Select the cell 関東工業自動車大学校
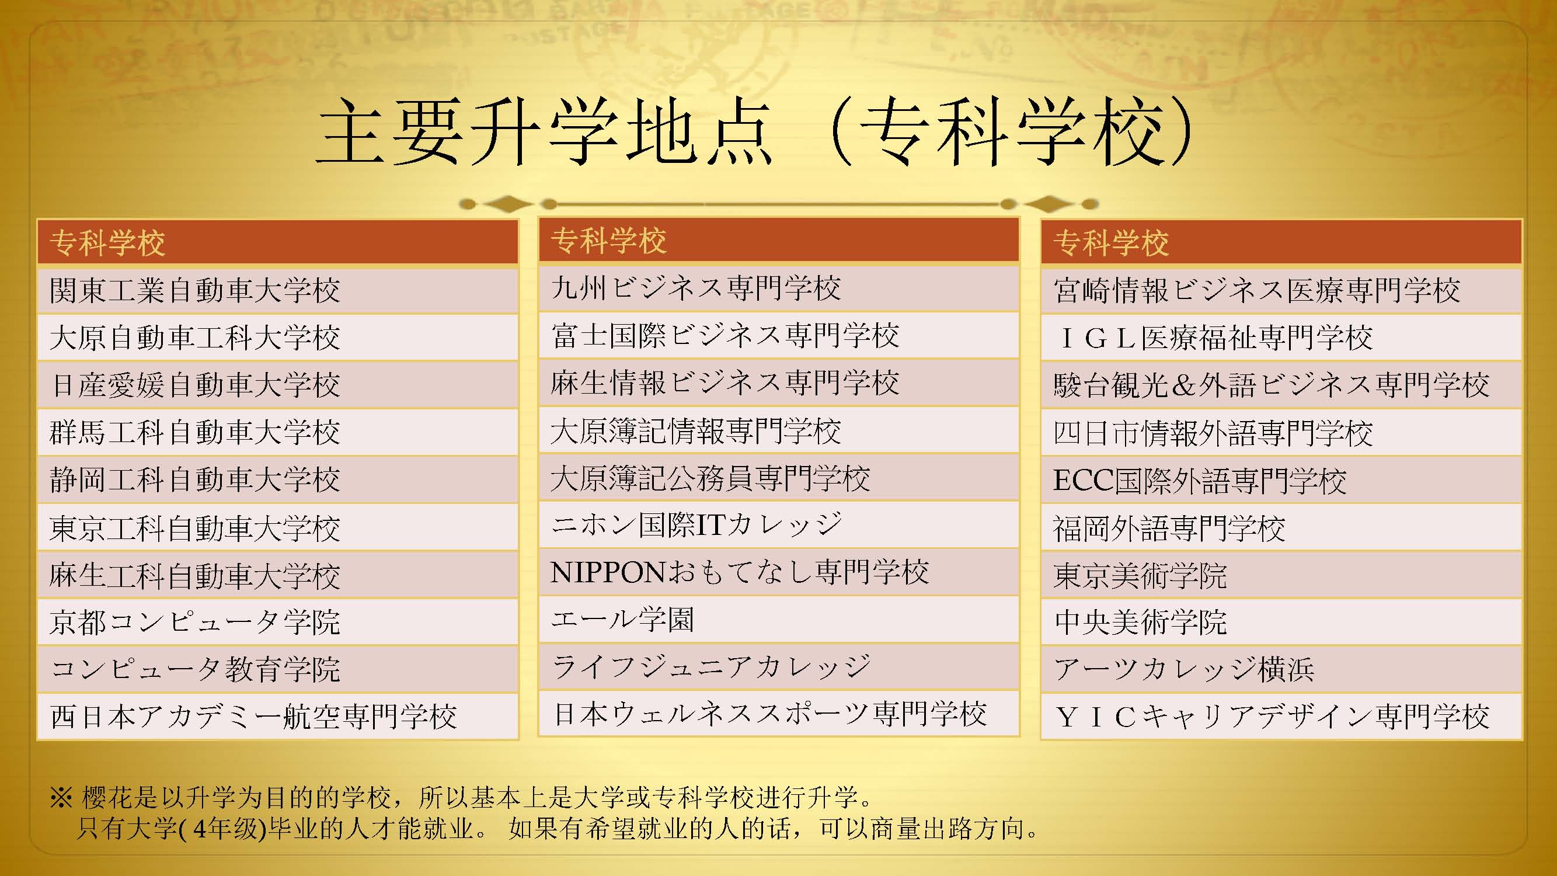pos(194,291)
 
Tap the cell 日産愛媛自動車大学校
pos(194,385)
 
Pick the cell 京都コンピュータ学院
pos(194,622)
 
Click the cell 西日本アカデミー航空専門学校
pos(254,717)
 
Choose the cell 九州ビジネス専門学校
pos(696,288)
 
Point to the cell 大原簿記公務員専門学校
pos(710,478)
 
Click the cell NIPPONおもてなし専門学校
pos(739,572)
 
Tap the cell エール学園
pos(622,620)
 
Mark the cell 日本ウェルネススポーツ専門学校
pos(769,714)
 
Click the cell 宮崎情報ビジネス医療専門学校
pos(1256,291)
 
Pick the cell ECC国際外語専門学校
pos(1200,481)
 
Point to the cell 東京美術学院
pos(1140,575)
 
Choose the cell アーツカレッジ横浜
pos(1183,669)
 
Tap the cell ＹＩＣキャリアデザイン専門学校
pos(1272,717)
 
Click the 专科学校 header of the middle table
pos(609,241)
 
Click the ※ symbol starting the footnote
pos(62,798)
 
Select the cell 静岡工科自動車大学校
pos(194,480)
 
